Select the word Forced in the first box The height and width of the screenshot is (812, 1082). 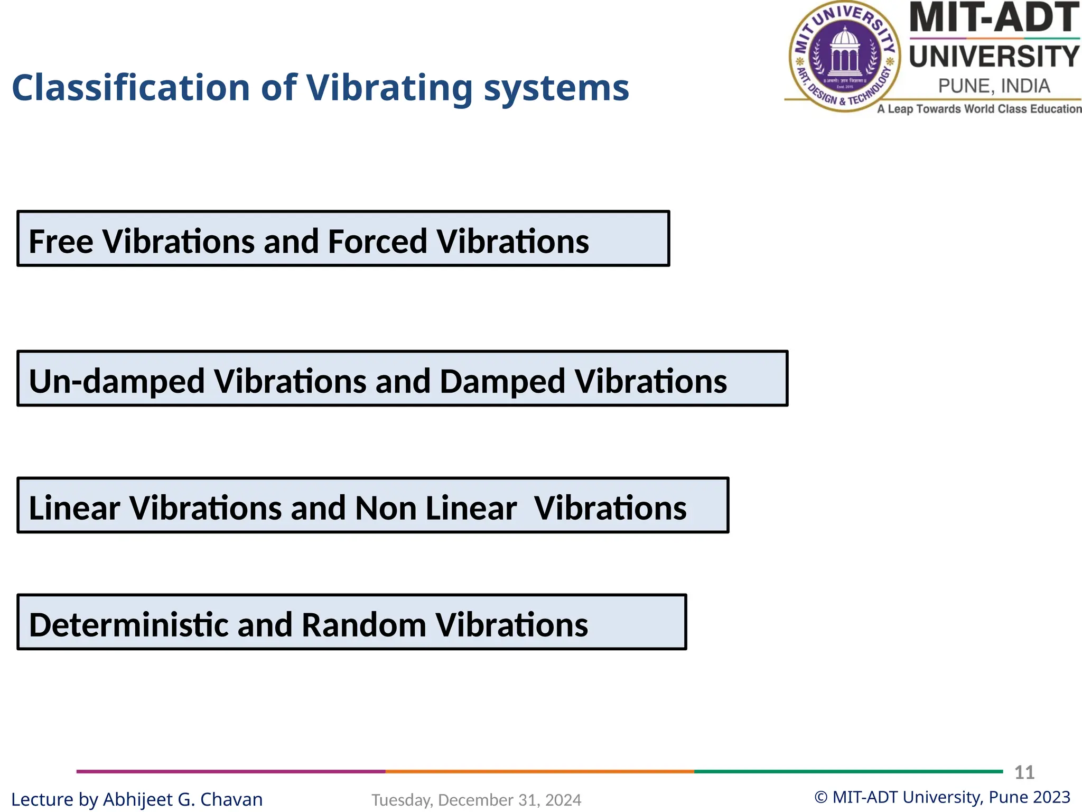pos(377,242)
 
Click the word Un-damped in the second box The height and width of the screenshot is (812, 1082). pos(117,381)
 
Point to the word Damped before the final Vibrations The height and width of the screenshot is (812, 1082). pos(502,381)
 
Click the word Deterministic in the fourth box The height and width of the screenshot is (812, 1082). pos(128,625)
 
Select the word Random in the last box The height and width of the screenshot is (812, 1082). pos(363,625)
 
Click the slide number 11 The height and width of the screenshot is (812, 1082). pos(1024,772)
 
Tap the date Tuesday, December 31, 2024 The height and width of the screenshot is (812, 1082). pos(476,800)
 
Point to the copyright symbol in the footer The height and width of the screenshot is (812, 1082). pos(820,797)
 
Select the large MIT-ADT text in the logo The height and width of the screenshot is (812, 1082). pos(994,18)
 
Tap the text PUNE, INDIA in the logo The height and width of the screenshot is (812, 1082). pos(994,86)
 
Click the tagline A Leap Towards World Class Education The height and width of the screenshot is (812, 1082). pos(979,109)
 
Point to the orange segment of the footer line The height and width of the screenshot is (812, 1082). pos(539,771)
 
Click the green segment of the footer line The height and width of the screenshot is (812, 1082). pos(848,771)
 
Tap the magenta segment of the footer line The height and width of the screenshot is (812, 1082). pos(230,771)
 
